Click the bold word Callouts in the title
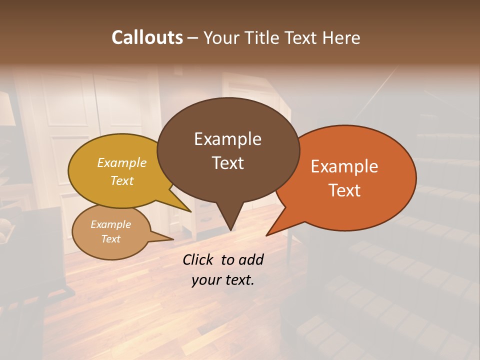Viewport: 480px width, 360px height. tap(147, 37)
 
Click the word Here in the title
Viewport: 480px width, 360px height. tap(341, 37)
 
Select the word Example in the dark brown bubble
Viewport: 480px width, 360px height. tap(227, 139)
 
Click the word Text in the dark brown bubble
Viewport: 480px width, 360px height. tap(227, 163)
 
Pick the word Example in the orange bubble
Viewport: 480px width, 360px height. tap(344, 166)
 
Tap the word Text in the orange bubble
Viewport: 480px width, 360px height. tap(344, 190)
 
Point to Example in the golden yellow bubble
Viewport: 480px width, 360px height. tap(122, 162)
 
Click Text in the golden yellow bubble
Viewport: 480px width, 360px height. tap(122, 180)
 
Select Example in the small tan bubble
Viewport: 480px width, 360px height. tap(110, 224)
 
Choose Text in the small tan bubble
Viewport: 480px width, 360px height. tap(110, 239)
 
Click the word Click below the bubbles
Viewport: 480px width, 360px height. tap(199, 259)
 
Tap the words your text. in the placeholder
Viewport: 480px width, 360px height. tap(222, 280)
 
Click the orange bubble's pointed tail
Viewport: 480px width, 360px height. tap(272, 230)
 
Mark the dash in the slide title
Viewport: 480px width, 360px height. tap(193, 37)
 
